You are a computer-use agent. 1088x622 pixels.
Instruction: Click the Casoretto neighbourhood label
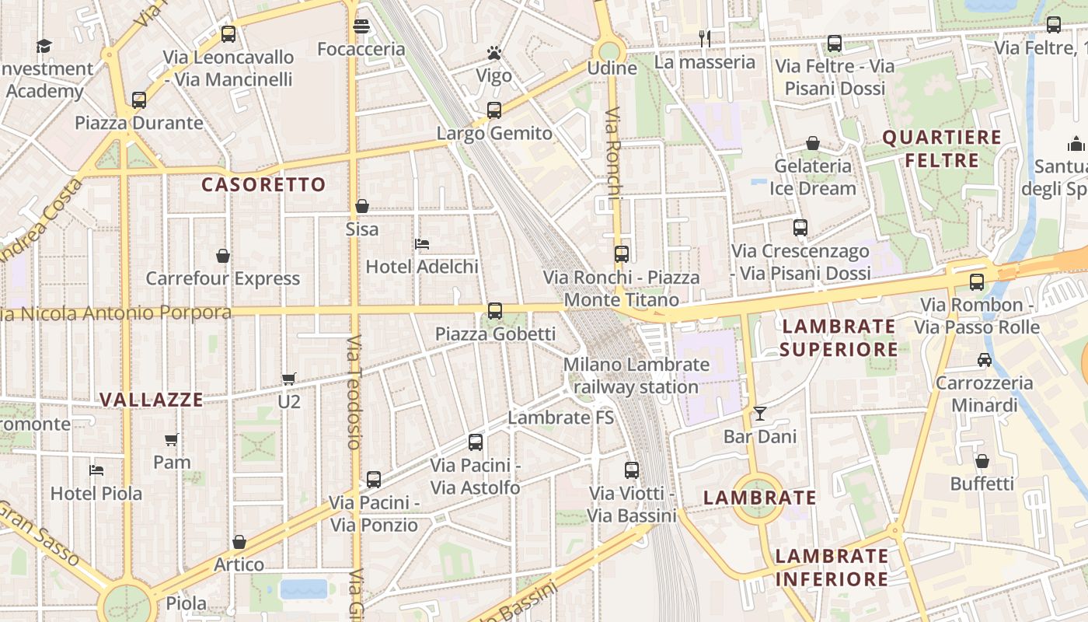pyautogui.click(x=263, y=184)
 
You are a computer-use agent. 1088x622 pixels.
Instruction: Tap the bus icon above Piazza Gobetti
pyautogui.click(x=495, y=311)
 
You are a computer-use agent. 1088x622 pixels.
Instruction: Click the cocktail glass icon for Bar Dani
pyautogui.click(x=760, y=414)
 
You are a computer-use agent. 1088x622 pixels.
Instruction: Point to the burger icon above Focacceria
pyautogui.click(x=361, y=26)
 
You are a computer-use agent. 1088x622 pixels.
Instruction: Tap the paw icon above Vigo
pyautogui.click(x=494, y=53)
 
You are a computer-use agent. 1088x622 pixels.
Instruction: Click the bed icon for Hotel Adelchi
pyautogui.click(x=422, y=244)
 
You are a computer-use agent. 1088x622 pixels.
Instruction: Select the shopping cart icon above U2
pyautogui.click(x=289, y=379)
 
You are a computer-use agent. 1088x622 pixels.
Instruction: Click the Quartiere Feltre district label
pyautogui.click(x=942, y=149)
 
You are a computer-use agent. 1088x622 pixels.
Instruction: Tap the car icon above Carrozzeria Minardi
pyautogui.click(x=985, y=360)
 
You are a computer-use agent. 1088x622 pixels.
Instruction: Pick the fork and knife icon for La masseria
pyautogui.click(x=705, y=38)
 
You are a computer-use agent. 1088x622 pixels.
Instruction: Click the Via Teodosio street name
pyautogui.click(x=354, y=393)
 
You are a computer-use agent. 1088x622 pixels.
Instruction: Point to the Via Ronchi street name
pyautogui.click(x=612, y=153)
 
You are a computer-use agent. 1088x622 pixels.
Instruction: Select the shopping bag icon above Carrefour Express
pyautogui.click(x=223, y=256)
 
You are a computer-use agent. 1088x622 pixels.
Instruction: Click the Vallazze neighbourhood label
pyautogui.click(x=152, y=400)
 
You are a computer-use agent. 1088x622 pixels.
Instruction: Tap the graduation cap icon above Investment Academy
pyautogui.click(x=44, y=46)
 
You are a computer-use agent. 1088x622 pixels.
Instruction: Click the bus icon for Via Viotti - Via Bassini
pyautogui.click(x=632, y=470)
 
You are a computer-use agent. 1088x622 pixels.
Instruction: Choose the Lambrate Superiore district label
pyautogui.click(x=839, y=337)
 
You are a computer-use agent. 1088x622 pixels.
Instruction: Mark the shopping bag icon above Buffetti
pyautogui.click(x=982, y=461)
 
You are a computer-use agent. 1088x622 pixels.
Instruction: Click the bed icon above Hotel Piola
pyautogui.click(x=96, y=470)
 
